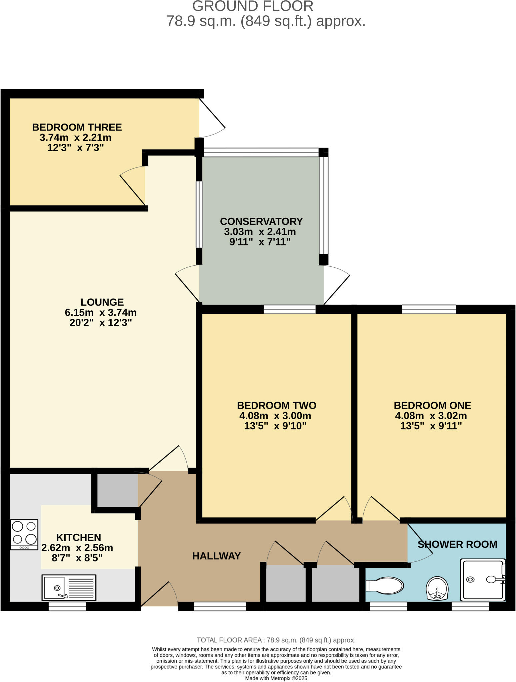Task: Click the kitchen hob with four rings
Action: pos(24,534)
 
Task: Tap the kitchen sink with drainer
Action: pos(69,587)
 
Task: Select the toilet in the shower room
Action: pos(385,585)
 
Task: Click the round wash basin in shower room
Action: pos(437,588)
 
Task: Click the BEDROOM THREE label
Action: pos(77,127)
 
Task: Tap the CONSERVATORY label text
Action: pos(261,221)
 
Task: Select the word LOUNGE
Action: pos(102,302)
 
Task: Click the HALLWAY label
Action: pos(216,556)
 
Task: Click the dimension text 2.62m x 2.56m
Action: pos(77,548)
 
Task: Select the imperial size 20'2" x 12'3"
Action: pos(101,323)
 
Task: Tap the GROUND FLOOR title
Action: pos(252,6)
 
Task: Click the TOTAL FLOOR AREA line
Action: pos(276,640)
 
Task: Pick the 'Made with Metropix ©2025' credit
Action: pos(276,678)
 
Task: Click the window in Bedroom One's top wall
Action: pos(429,309)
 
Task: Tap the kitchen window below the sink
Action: pos(67,606)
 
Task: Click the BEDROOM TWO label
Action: pos(276,405)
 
